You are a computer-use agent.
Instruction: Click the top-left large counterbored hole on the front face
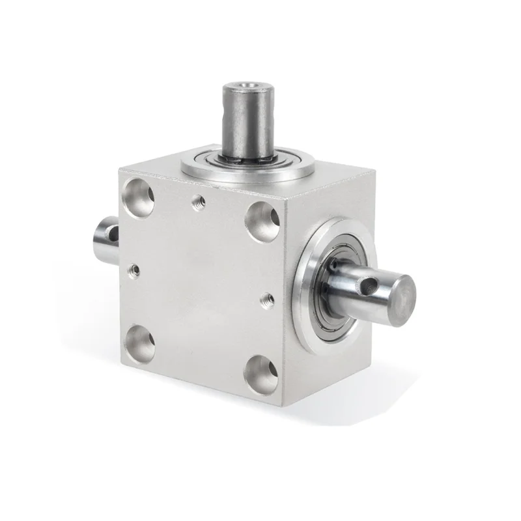click(137, 199)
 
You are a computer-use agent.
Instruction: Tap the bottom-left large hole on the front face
click(139, 343)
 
